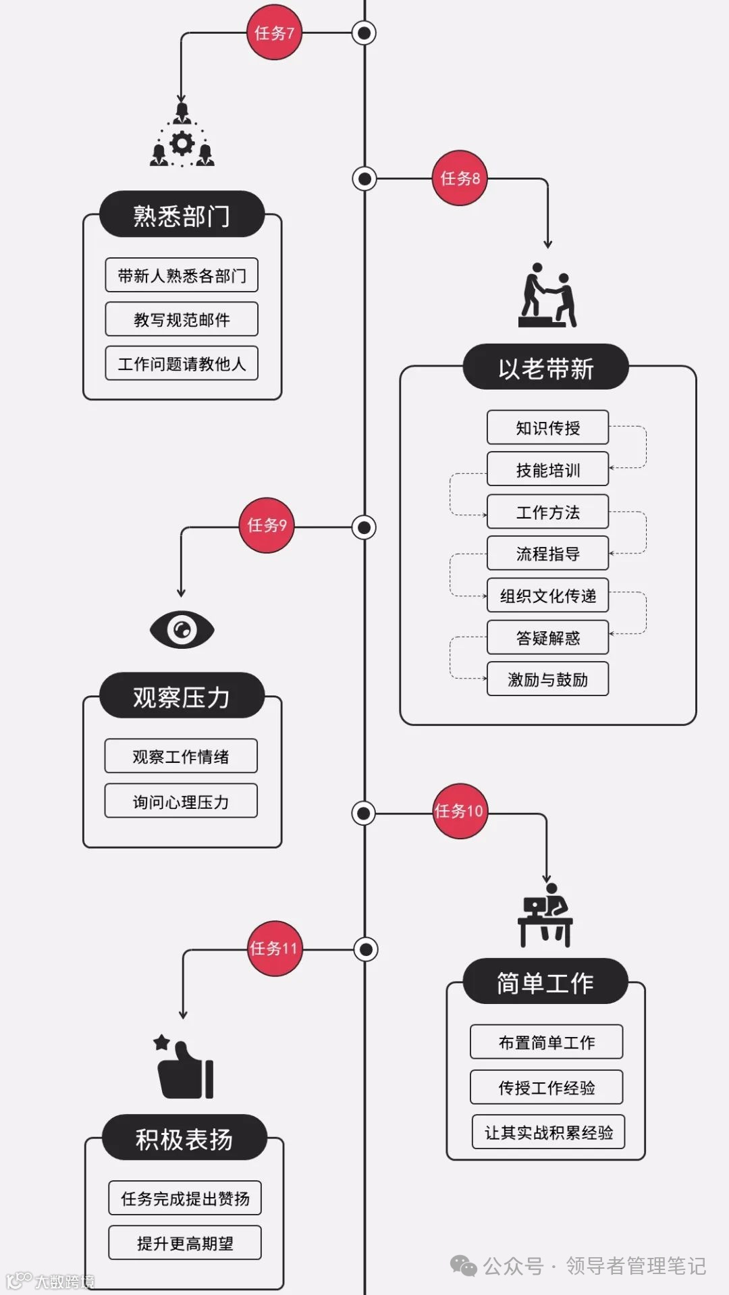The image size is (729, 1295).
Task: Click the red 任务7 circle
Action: pos(274,32)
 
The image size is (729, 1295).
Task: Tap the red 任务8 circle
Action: pos(460,178)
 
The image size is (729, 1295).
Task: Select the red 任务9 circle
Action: pos(267,525)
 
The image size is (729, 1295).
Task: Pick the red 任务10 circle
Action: pos(460,811)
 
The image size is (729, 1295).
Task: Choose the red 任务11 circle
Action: pos(274,948)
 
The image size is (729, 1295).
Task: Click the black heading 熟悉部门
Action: pos(182,215)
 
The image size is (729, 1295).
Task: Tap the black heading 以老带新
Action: pos(545,368)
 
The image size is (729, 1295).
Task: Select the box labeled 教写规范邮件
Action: pos(182,319)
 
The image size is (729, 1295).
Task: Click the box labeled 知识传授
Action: pos(547,427)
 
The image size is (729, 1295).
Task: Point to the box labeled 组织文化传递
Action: pos(547,596)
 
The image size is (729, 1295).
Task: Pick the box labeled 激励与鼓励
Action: pos(547,679)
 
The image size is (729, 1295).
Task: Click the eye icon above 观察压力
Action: pos(182,629)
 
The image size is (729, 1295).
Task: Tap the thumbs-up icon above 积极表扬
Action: pos(185,1067)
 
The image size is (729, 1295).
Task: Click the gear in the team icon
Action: pos(182,143)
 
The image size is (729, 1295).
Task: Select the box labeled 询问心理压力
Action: pos(181,801)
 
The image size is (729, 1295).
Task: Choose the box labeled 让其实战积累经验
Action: pos(548,1132)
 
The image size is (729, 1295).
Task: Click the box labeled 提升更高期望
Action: pos(185,1243)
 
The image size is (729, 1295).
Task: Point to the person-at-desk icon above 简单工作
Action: pos(545,916)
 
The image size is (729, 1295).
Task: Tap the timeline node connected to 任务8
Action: pos(364,179)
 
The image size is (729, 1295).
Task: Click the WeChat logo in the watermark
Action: pos(464,1265)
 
